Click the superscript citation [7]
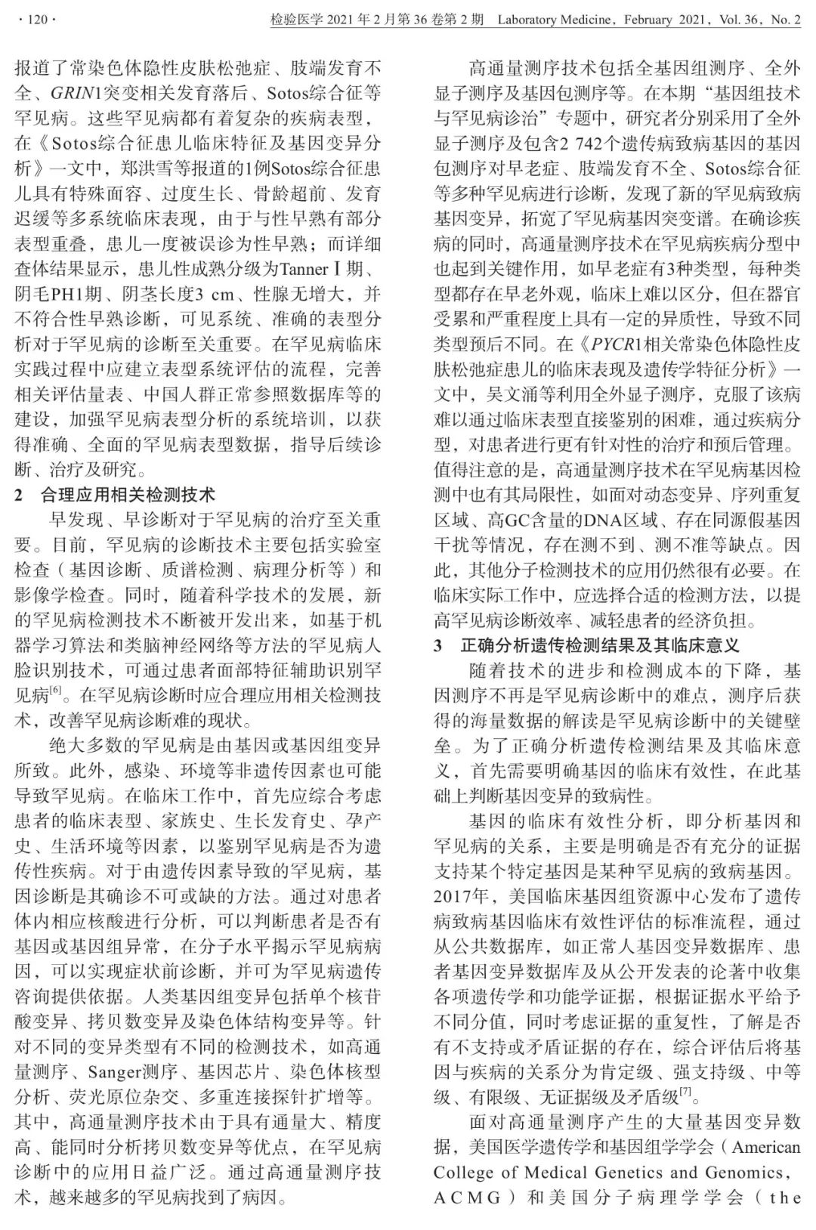[685, 1092]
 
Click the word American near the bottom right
[765, 1147]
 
